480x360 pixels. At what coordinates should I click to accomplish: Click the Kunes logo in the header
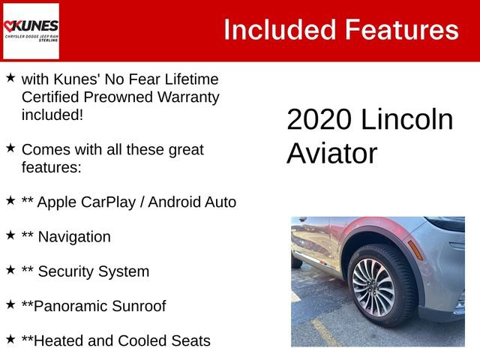coord(31,31)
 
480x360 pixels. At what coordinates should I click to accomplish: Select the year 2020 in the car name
coord(317,120)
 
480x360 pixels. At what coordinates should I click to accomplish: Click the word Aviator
coord(331,154)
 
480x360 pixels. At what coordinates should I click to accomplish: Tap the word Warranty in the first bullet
coord(183,97)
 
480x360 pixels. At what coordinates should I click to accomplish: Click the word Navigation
coord(73,237)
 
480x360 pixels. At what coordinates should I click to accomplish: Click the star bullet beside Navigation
coord(10,235)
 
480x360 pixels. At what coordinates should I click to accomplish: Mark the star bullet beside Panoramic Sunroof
coord(10,304)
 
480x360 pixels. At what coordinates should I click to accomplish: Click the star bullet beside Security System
coord(10,269)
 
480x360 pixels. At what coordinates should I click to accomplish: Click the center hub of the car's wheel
coord(373,287)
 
